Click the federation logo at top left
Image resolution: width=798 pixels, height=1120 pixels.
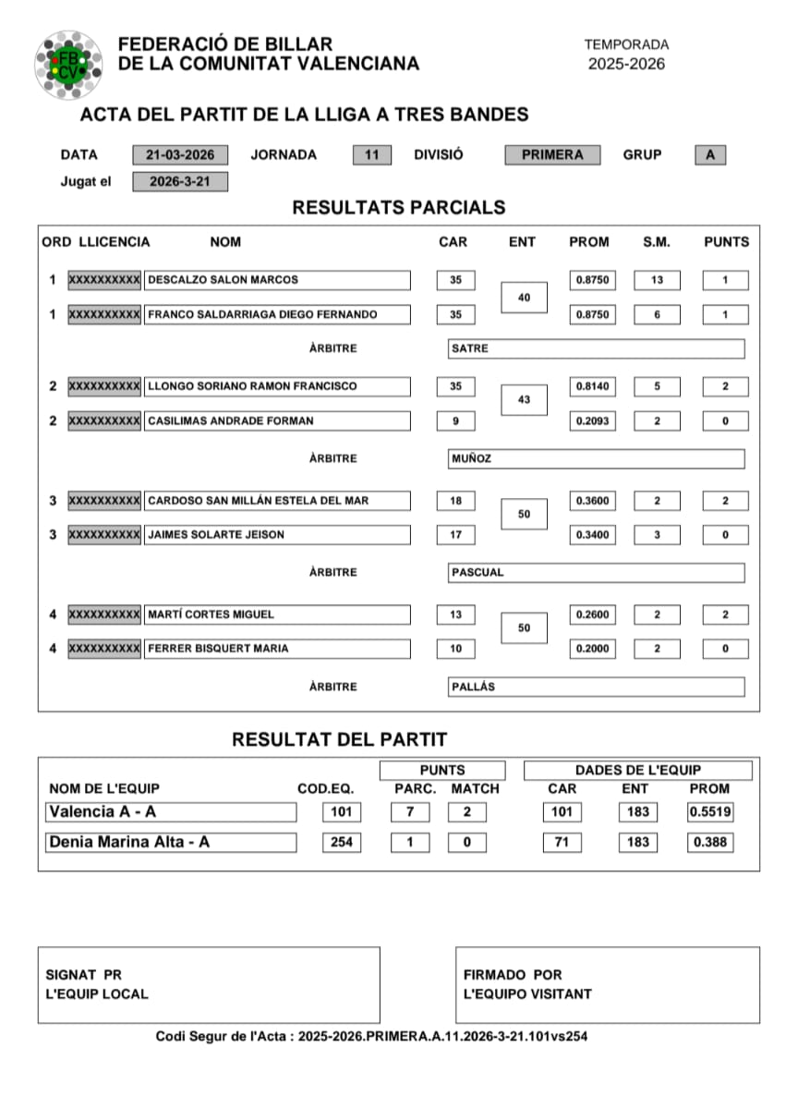coord(67,64)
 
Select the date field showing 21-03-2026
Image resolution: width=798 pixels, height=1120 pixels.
coord(180,155)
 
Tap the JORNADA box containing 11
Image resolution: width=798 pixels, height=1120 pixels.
coord(371,155)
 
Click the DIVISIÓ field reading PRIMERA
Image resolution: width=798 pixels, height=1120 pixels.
coord(552,155)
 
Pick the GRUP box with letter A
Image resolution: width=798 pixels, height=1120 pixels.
coord(709,155)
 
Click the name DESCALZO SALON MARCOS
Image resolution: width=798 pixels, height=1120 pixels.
coord(277,280)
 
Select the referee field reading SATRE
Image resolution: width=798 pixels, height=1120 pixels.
coord(596,349)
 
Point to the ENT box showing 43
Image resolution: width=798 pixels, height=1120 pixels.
coord(524,399)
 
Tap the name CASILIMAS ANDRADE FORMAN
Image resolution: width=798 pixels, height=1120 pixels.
coord(277,421)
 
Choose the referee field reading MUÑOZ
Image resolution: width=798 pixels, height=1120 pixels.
coord(596,459)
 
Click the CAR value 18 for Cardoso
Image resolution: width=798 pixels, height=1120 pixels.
coord(455,501)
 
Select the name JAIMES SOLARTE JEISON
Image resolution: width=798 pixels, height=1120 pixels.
coord(277,535)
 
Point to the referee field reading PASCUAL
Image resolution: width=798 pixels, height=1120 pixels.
coord(596,573)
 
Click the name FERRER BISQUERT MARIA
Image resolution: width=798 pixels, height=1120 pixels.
coord(277,649)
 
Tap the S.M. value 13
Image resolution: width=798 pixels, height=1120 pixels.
coord(657,280)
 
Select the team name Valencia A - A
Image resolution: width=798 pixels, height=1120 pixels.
coord(171,812)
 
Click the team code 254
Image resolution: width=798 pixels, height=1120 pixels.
coord(341,843)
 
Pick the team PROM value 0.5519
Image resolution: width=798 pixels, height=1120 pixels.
coord(709,812)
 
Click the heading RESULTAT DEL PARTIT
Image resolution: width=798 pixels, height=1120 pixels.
coord(339,739)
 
